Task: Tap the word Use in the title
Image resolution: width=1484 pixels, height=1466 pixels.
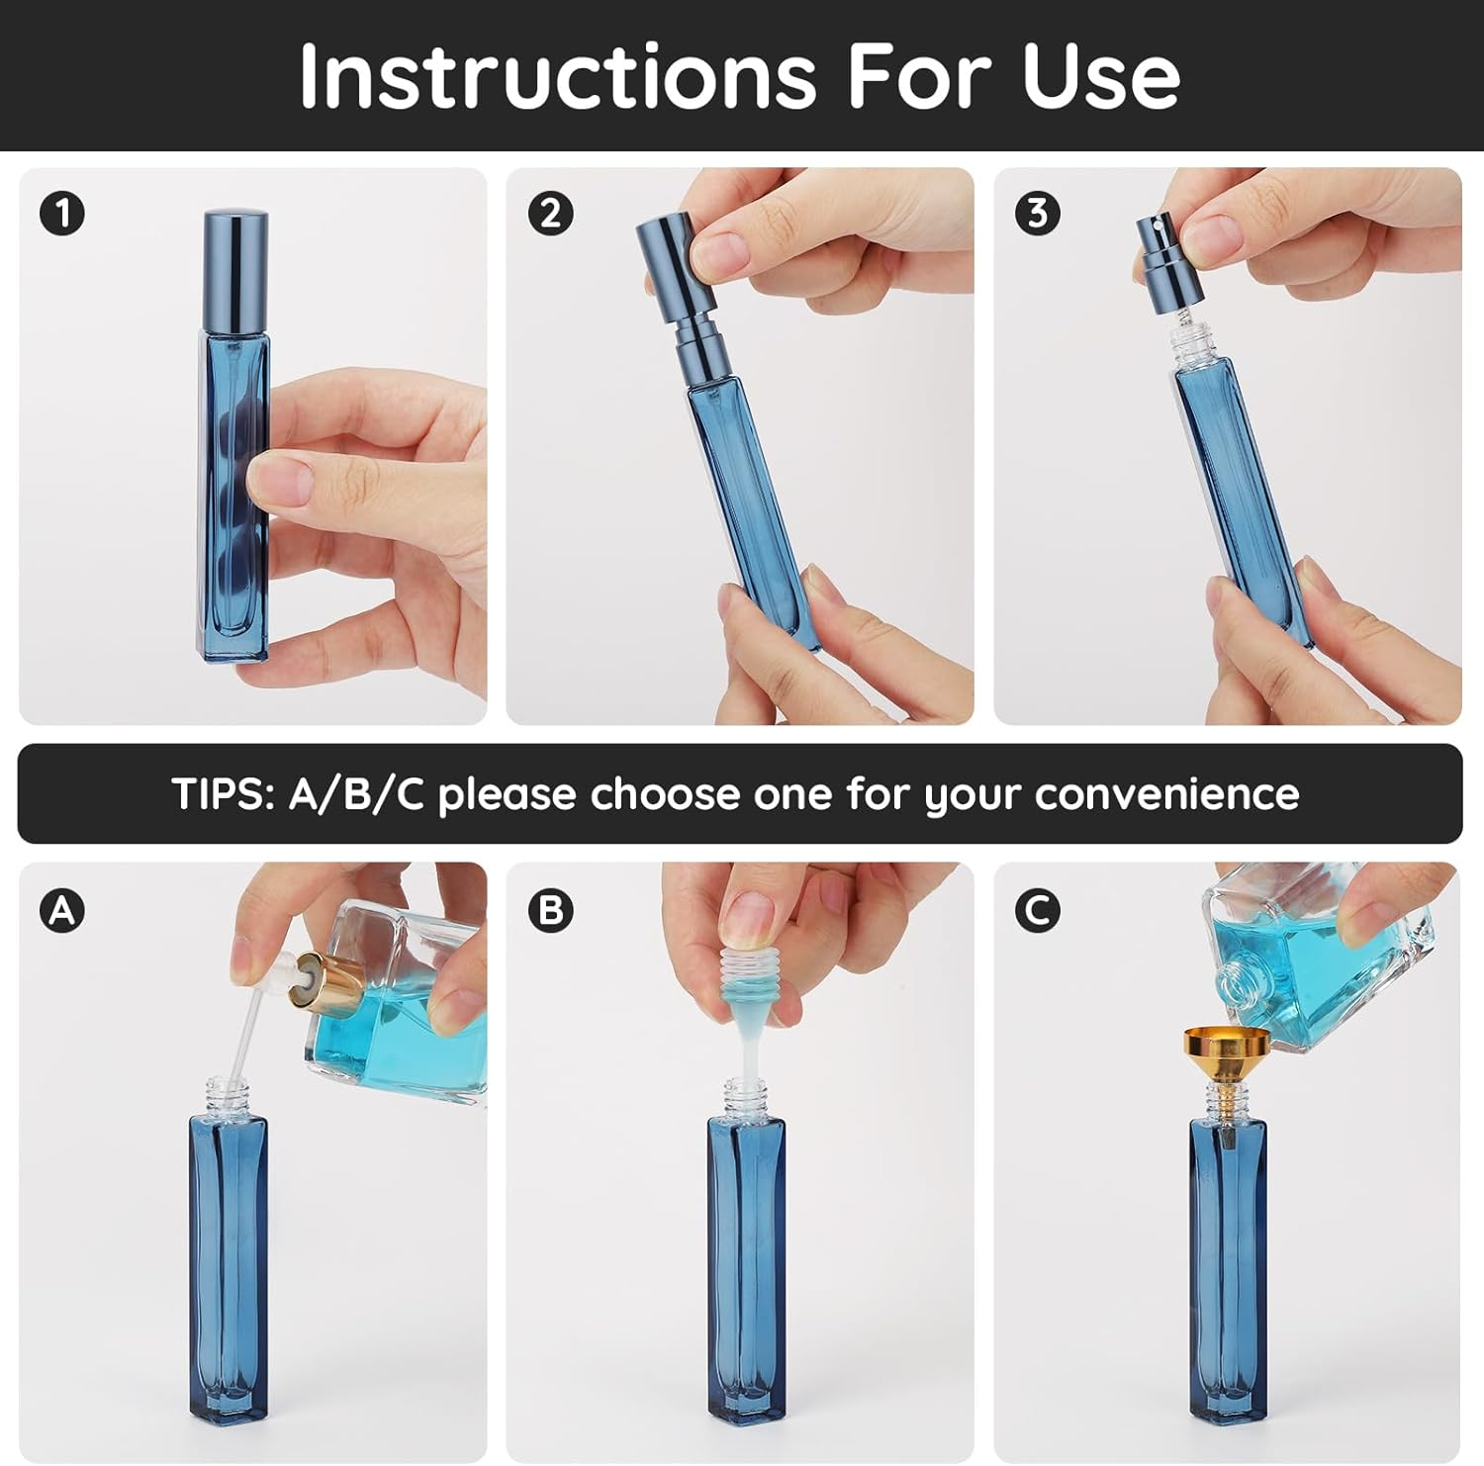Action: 1101,77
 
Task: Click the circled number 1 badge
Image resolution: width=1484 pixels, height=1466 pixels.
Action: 62,214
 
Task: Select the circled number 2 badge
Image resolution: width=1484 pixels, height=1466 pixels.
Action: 550,214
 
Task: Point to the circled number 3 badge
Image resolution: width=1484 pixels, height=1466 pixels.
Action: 1038,214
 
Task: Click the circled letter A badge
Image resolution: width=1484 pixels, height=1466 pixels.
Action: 62,909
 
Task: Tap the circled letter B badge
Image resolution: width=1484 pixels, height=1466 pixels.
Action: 550,909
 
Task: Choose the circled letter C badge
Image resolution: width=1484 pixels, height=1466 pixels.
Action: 1038,909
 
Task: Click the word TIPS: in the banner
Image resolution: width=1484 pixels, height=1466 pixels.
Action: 222,794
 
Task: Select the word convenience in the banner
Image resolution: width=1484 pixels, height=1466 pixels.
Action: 1166,794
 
